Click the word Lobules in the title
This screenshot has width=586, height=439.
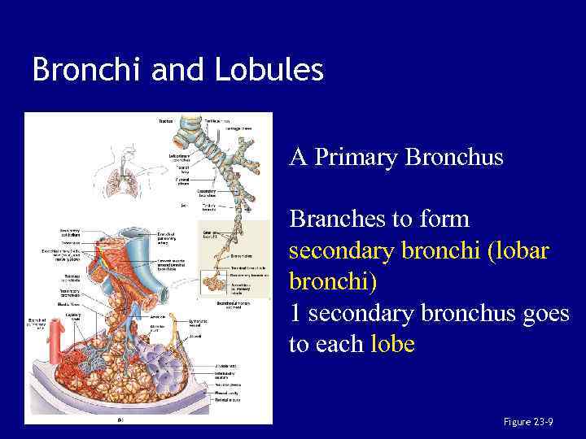269,70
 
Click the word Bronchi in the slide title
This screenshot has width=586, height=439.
80,70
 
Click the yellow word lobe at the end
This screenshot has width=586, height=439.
392,344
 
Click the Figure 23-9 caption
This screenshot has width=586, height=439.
528,421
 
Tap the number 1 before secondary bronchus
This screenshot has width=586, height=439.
295,313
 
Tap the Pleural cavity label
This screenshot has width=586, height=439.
225,393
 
